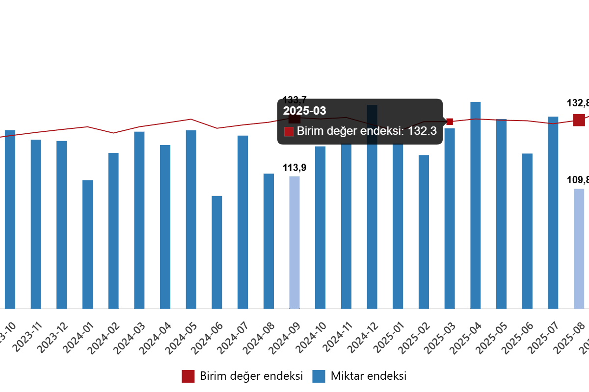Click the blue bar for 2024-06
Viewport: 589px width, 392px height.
coord(217,252)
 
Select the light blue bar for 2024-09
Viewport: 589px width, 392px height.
coord(294,243)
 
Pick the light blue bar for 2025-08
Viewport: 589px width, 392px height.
coord(579,248)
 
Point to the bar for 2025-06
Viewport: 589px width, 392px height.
coord(527,231)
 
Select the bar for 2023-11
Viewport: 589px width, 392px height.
coord(36,224)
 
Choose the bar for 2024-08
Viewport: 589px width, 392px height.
coord(268,241)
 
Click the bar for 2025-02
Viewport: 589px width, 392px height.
coord(424,232)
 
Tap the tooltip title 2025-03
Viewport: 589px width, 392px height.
coord(304,111)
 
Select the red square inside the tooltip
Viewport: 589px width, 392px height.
coord(289,131)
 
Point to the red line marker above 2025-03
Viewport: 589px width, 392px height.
coord(450,122)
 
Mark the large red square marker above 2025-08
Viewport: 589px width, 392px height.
coord(579,120)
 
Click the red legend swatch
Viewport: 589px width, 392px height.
coord(188,376)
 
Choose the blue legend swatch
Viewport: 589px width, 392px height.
coord(319,376)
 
